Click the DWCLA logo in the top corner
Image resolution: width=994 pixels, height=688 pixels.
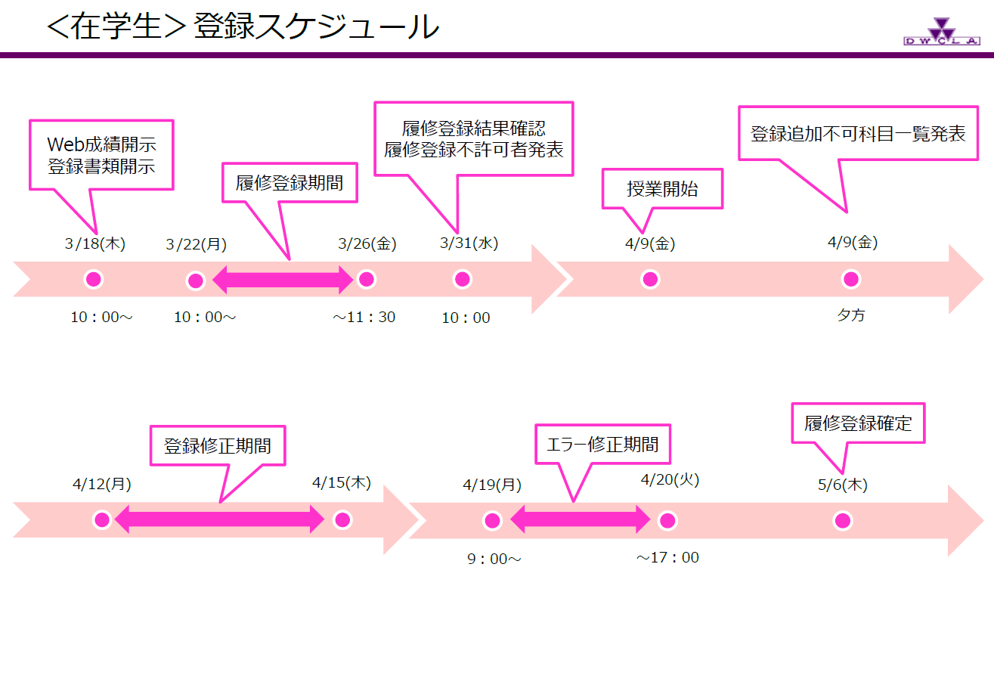tap(941, 32)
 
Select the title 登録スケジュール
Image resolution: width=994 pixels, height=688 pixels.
tap(242, 27)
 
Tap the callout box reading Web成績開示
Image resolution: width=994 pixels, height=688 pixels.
tap(101, 155)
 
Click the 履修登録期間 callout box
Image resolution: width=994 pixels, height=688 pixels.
tap(290, 183)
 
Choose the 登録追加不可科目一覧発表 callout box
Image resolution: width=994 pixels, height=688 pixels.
tap(858, 134)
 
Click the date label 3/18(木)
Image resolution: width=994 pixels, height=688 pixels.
tap(94, 243)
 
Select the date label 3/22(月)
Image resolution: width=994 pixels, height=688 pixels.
tap(196, 244)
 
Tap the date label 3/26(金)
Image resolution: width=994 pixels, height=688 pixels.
tap(367, 243)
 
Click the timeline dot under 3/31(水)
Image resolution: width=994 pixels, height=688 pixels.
tap(463, 279)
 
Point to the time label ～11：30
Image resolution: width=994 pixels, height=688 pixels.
tap(364, 317)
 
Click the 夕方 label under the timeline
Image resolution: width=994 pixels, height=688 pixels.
tap(850, 316)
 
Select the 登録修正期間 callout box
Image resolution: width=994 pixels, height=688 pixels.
tap(217, 445)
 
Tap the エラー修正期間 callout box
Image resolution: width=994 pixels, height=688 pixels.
tap(602, 445)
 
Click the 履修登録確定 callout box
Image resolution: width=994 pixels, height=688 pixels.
tap(858, 423)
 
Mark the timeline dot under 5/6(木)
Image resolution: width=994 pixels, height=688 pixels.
tap(843, 521)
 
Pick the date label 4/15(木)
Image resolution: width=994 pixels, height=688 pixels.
tap(342, 482)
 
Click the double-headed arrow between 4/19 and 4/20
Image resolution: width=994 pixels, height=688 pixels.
tap(580, 519)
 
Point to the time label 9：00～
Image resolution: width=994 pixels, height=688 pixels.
tap(494, 559)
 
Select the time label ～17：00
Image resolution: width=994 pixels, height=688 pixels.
tap(667, 558)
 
